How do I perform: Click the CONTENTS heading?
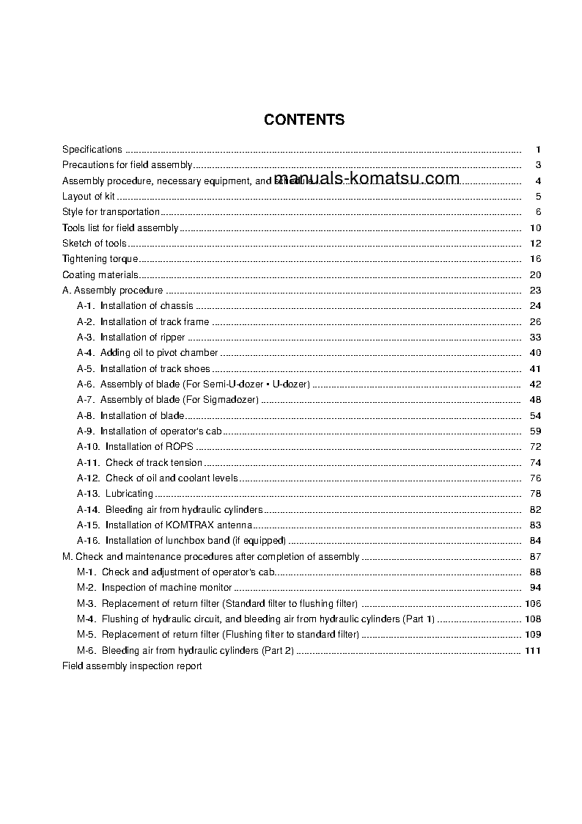[x=304, y=120]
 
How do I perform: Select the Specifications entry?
[x=92, y=150]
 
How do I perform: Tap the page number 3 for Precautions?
[x=538, y=165]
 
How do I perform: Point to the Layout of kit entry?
[x=89, y=197]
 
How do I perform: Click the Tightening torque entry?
[x=100, y=259]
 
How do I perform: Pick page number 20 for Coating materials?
[x=535, y=275]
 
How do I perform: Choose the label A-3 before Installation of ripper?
[x=86, y=338]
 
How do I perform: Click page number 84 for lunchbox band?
[x=535, y=541]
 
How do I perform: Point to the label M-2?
[x=86, y=588]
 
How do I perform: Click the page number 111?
[x=533, y=651]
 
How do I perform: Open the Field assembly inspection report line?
[x=132, y=666]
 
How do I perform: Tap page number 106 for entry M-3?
[x=533, y=604]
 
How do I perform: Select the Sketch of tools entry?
[x=95, y=244]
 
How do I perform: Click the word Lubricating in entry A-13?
[x=129, y=494]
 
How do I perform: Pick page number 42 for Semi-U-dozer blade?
[x=535, y=384]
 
